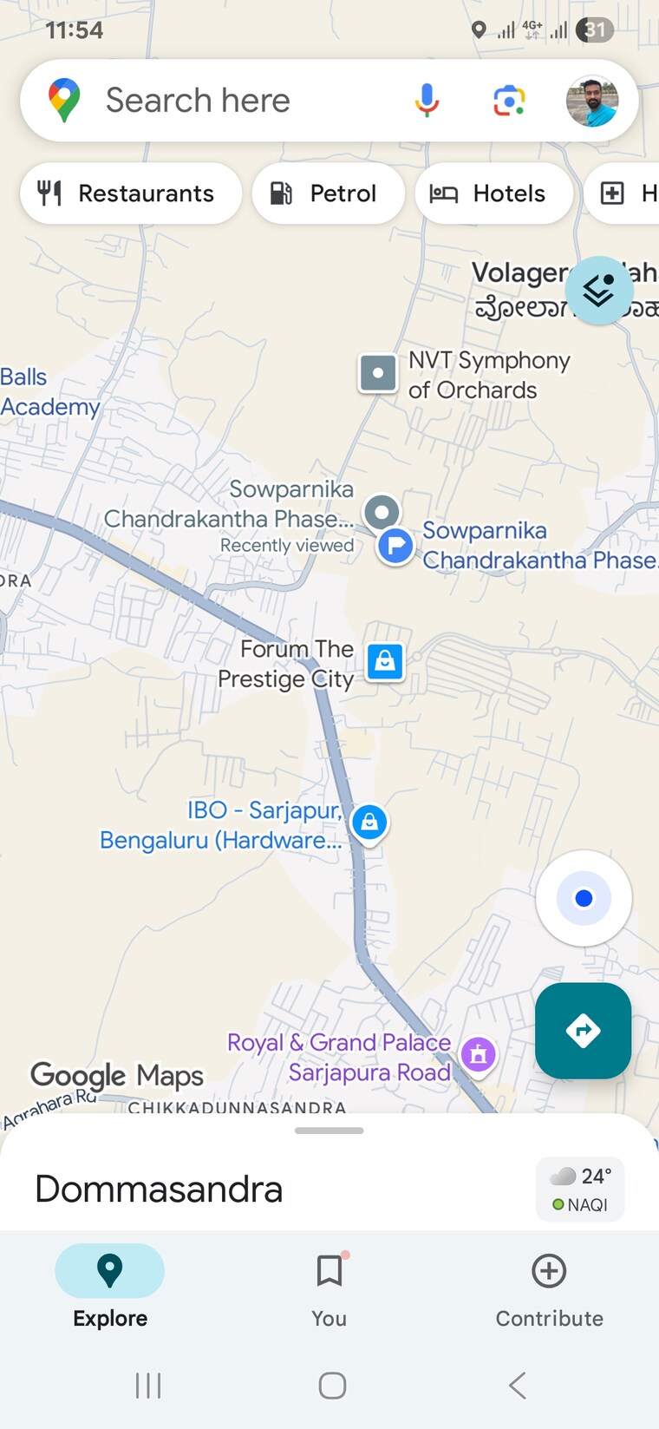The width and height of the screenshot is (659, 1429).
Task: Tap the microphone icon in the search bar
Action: click(x=427, y=101)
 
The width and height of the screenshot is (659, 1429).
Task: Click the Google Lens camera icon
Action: click(x=509, y=101)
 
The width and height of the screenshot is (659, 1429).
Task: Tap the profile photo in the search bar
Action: click(x=592, y=101)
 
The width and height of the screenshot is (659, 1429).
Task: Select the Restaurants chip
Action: click(x=130, y=193)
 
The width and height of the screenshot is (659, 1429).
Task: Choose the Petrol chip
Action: click(x=328, y=193)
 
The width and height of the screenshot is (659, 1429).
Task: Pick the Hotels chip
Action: click(x=493, y=193)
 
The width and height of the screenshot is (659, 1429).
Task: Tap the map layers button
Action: click(x=598, y=291)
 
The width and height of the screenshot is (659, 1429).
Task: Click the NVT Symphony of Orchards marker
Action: click(x=378, y=373)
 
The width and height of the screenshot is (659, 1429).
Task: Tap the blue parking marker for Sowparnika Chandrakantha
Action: click(x=395, y=546)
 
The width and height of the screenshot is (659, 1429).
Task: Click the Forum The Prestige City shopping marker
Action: click(x=385, y=662)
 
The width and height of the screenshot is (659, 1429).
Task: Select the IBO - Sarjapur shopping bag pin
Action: click(x=369, y=821)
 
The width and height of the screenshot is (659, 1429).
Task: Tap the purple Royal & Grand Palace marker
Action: click(x=478, y=1055)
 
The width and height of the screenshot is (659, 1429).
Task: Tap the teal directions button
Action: click(x=583, y=1031)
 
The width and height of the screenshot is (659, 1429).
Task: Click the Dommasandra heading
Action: click(x=159, y=1189)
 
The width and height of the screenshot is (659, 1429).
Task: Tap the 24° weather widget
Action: click(x=580, y=1189)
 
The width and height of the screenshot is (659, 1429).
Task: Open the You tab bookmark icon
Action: click(x=329, y=1271)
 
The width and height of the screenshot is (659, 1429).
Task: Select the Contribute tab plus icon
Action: click(x=549, y=1271)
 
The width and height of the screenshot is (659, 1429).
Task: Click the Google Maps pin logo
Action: click(x=64, y=100)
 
